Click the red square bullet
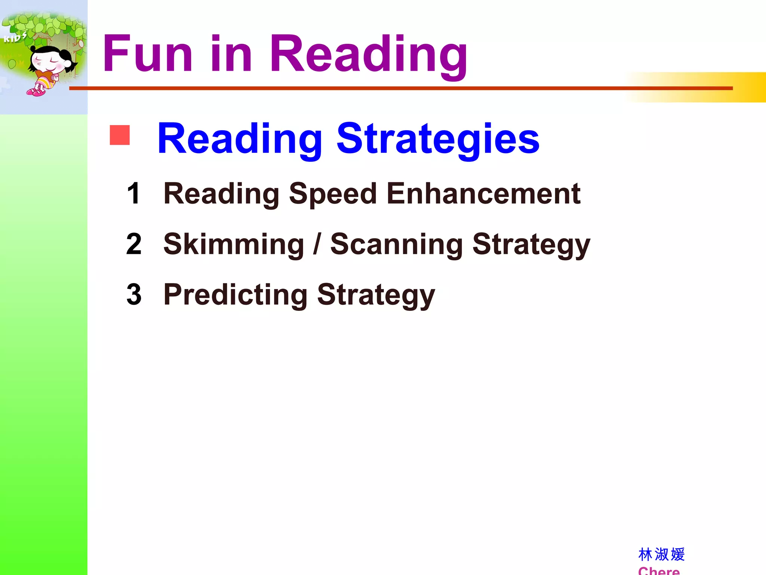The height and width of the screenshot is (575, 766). (120, 135)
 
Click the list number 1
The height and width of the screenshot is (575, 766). (134, 194)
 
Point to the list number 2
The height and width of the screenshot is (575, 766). (134, 244)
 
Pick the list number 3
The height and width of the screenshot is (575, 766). (134, 295)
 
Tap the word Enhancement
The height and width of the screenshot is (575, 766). (483, 194)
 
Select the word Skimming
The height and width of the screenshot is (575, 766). (234, 244)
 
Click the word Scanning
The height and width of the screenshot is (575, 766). (396, 244)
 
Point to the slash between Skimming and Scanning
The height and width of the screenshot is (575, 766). (317, 244)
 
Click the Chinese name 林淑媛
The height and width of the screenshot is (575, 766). (661, 554)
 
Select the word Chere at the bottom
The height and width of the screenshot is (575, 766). (659, 571)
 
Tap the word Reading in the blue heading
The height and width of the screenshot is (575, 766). (240, 139)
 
